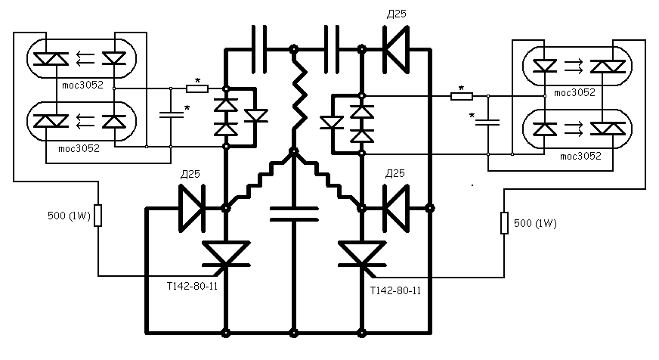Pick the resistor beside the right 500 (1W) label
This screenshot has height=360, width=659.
504,223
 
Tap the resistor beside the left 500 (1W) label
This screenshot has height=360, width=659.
98,216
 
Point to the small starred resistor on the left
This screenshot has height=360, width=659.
197,88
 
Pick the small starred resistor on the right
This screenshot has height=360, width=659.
462,96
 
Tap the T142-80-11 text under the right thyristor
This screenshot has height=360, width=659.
395,290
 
